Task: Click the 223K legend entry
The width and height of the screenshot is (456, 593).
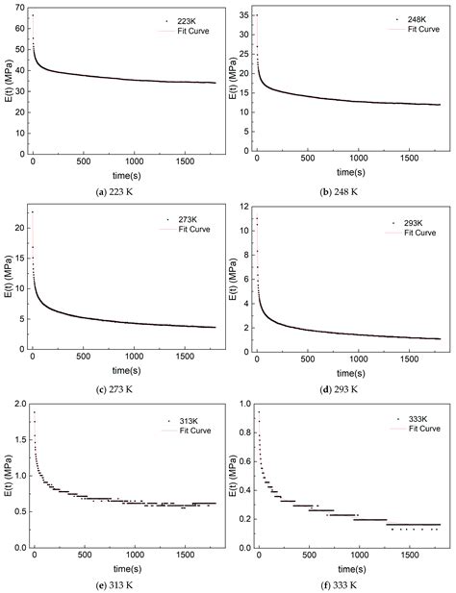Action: pos(177,20)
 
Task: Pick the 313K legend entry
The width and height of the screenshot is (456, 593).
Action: pos(177,420)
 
